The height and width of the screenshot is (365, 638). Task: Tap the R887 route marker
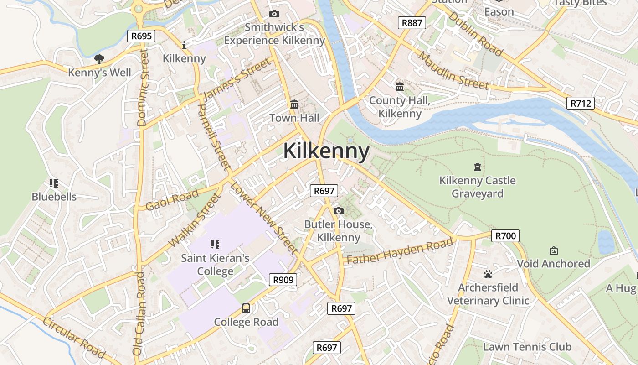pos(412,23)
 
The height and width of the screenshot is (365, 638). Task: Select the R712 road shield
pos(581,103)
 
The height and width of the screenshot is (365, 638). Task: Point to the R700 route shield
pos(505,236)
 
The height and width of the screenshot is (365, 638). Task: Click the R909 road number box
pos(283,280)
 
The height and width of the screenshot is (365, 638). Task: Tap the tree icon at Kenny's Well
pos(99,59)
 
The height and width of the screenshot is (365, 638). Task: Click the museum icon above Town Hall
pos(294,104)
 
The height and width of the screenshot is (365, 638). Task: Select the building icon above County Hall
pos(400,87)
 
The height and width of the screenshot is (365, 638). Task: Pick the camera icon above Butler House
pos(339,211)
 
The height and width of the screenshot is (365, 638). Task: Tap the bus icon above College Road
pos(246,308)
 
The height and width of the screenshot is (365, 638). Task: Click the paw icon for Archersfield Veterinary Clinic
pos(488,274)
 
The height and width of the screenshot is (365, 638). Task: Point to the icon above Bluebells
pos(54,183)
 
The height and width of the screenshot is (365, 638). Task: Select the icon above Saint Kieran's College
pos(215,245)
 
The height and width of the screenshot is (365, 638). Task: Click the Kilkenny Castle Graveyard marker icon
pos(477,167)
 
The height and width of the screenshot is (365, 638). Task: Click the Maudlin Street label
pos(453,71)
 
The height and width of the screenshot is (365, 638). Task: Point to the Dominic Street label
pos(143,88)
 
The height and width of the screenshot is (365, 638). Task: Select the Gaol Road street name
pos(172,200)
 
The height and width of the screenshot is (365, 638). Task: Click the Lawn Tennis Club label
pos(527,347)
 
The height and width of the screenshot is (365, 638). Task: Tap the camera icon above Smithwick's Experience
pos(274,14)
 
